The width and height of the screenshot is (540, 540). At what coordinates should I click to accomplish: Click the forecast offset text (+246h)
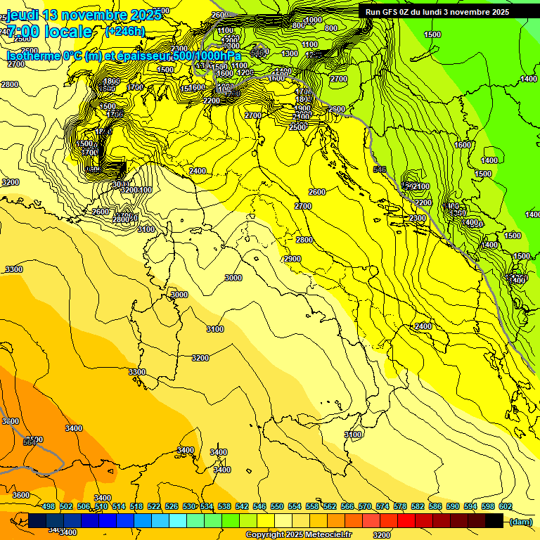(x=124, y=31)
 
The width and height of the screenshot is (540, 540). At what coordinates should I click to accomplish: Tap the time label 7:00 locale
(x=49, y=32)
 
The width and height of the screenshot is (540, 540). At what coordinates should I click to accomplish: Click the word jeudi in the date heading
(x=23, y=15)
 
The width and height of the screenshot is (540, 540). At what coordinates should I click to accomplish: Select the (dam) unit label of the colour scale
(x=520, y=522)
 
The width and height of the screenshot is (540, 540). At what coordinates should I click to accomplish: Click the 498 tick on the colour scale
(x=48, y=506)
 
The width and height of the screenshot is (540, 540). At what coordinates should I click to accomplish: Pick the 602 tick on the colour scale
(x=505, y=506)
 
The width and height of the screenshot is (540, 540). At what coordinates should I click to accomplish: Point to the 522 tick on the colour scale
(x=153, y=506)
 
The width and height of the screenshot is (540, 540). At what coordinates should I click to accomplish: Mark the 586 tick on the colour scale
(x=435, y=506)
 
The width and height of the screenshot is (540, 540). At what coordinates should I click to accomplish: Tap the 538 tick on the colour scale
(x=224, y=506)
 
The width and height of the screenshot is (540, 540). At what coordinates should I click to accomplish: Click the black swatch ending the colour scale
(x=494, y=521)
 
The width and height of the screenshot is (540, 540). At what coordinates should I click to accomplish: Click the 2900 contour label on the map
(x=292, y=259)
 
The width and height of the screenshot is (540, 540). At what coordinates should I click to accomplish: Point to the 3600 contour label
(x=21, y=496)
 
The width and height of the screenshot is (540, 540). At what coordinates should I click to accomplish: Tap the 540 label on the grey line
(x=380, y=169)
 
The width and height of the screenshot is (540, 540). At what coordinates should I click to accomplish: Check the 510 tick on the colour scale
(x=101, y=506)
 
